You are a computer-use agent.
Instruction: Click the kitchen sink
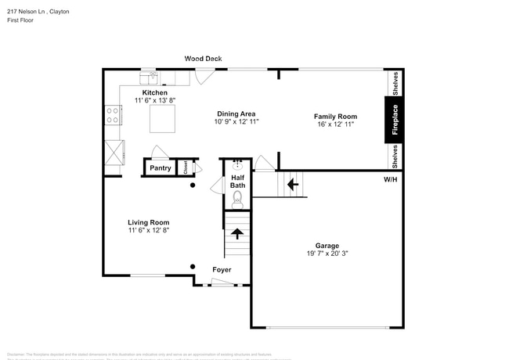[x=151, y=77]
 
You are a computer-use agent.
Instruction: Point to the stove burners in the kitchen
[x=113, y=116]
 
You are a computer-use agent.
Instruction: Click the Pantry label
[x=161, y=167]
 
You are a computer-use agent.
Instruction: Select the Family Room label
[x=335, y=116]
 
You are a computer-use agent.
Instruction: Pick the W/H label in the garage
[x=389, y=180]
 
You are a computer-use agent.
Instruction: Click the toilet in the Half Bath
[x=237, y=201]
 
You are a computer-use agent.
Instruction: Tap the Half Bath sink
[x=238, y=165]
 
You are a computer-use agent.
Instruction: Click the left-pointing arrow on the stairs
[x=292, y=185]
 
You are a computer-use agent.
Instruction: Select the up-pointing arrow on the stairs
[x=237, y=234]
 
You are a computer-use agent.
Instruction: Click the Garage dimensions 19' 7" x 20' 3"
[x=327, y=253]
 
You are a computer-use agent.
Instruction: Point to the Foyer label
[x=222, y=270]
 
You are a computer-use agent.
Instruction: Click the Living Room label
[x=149, y=222]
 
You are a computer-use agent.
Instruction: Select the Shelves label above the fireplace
[x=395, y=81]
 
